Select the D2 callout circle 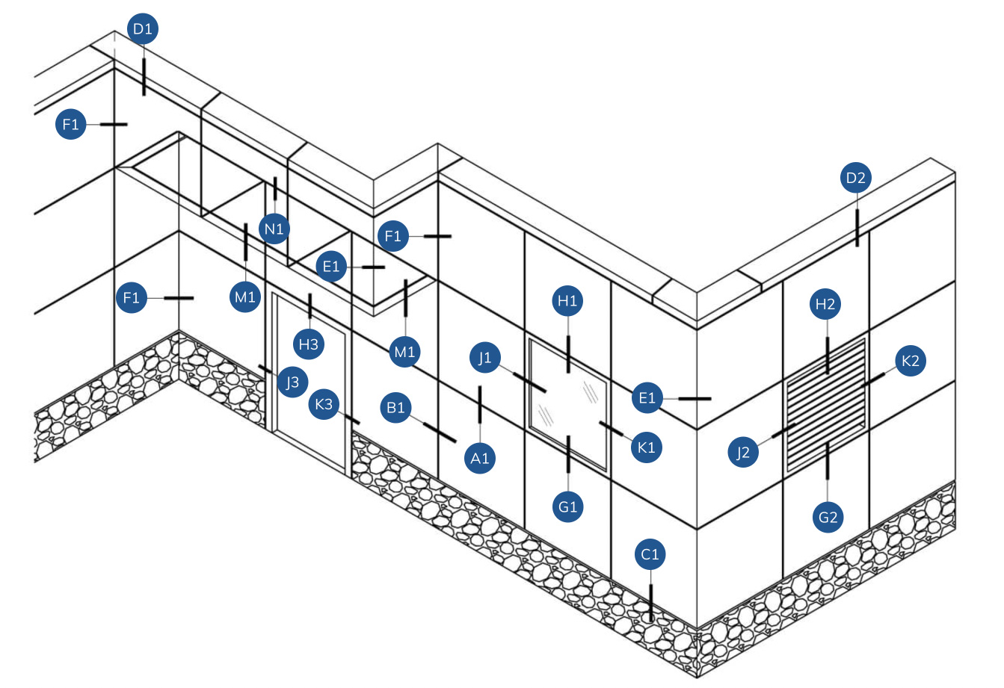click(x=855, y=178)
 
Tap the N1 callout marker click(x=274, y=228)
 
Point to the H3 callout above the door click(x=309, y=344)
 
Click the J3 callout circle click(x=292, y=383)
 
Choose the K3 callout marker click(x=324, y=404)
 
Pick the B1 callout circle click(x=395, y=408)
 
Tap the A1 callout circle click(x=479, y=458)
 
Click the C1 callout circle click(x=650, y=554)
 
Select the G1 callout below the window click(x=568, y=506)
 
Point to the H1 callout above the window click(x=568, y=301)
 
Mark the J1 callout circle click(x=485, y=358)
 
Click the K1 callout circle click(x=647, y=447)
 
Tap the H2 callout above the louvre click(x=825, y=304)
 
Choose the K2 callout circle click(x=910, y=362)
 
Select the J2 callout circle click(x=742, y=452)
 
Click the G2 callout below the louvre click(x=828, y=516)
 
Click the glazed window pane click(x=568, y=403)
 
